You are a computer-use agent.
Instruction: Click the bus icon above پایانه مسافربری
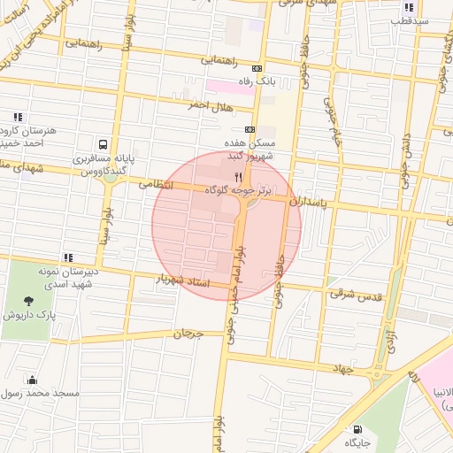coord(104,144)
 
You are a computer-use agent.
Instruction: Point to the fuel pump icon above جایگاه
coord(357,429)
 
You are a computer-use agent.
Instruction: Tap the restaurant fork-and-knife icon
coord(238,177)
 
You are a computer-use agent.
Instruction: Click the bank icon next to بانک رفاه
coord(257,68)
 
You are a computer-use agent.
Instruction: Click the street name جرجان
coord(188,334)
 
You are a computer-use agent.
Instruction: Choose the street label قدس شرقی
coord(354,294)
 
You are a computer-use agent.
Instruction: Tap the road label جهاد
coord(342,367)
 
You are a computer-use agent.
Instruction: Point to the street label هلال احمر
coord(209,104)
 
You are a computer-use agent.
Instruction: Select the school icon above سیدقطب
coord(409,7)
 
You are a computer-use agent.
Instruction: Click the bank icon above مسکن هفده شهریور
coord(250,128)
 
